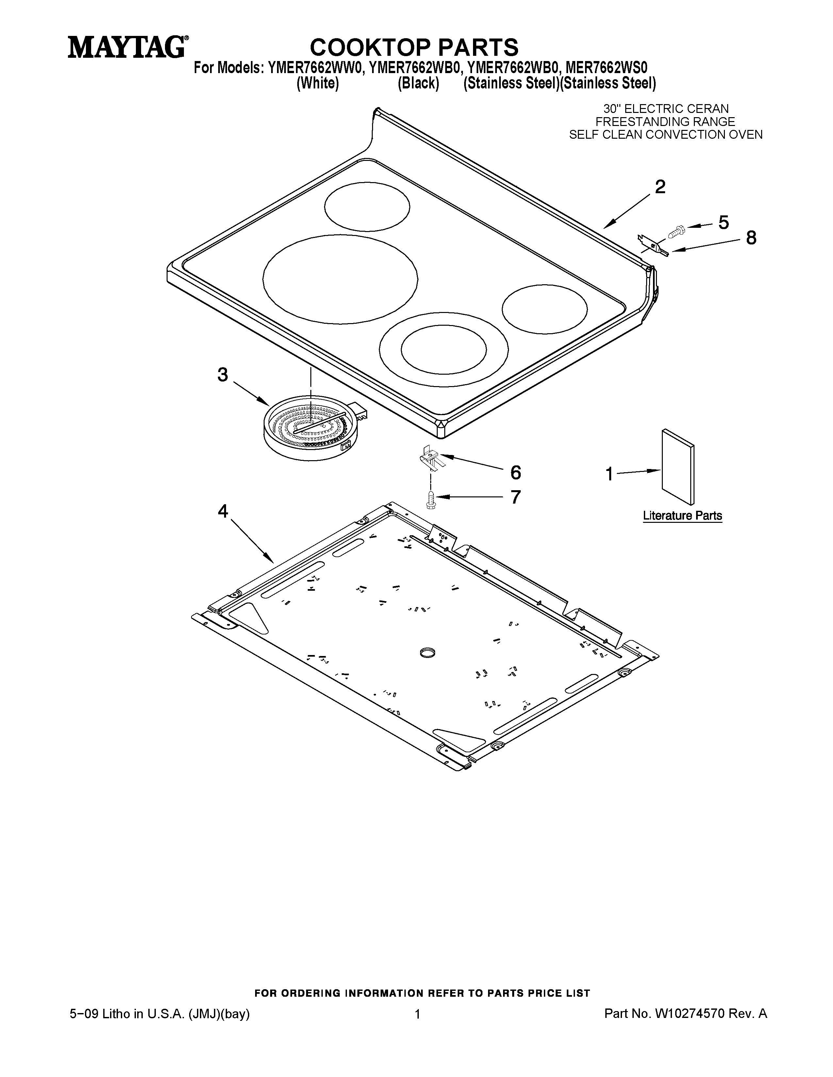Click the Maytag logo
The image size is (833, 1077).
coord(127,48)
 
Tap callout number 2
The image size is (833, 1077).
coord(660,187)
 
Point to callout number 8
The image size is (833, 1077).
coord(751,238)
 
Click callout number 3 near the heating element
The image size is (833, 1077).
coord(223,375)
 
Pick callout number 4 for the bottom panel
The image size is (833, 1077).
coord(223,511)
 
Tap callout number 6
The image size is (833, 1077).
coord(515,473)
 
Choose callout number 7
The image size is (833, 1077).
coord(515,497)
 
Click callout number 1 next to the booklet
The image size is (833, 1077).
coord(610,475)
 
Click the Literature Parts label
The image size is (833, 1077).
coord(682,516)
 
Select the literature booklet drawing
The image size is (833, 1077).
coord(677,467)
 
